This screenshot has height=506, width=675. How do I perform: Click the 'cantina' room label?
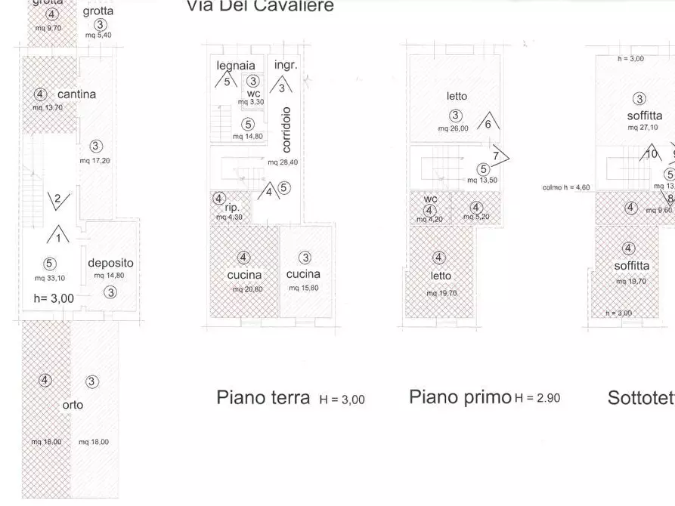click(76, 94)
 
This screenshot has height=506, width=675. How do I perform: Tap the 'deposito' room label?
click(110, 263)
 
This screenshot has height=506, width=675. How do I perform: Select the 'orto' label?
click(73, 405)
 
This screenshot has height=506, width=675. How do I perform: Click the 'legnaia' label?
click(235, 66)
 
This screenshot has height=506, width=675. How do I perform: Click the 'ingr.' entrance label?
click(286, 65)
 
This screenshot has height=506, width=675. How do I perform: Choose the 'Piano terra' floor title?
click(262, 397)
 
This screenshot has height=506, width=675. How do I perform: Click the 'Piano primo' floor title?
click(460, 397)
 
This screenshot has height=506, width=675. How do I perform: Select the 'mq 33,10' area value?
click(49, 278)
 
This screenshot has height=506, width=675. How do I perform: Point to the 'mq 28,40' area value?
click(283, 162)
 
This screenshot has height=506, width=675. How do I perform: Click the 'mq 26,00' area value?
click(454, 128)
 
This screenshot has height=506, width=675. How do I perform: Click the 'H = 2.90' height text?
click(537, 398)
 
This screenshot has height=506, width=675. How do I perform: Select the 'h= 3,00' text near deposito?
click(54, 298)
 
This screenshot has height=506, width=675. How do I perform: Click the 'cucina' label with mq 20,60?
click(244, 275)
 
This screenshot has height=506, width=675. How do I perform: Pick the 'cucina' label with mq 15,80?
click(303, 274)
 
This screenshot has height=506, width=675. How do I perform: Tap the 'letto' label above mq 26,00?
click(457, 96)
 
